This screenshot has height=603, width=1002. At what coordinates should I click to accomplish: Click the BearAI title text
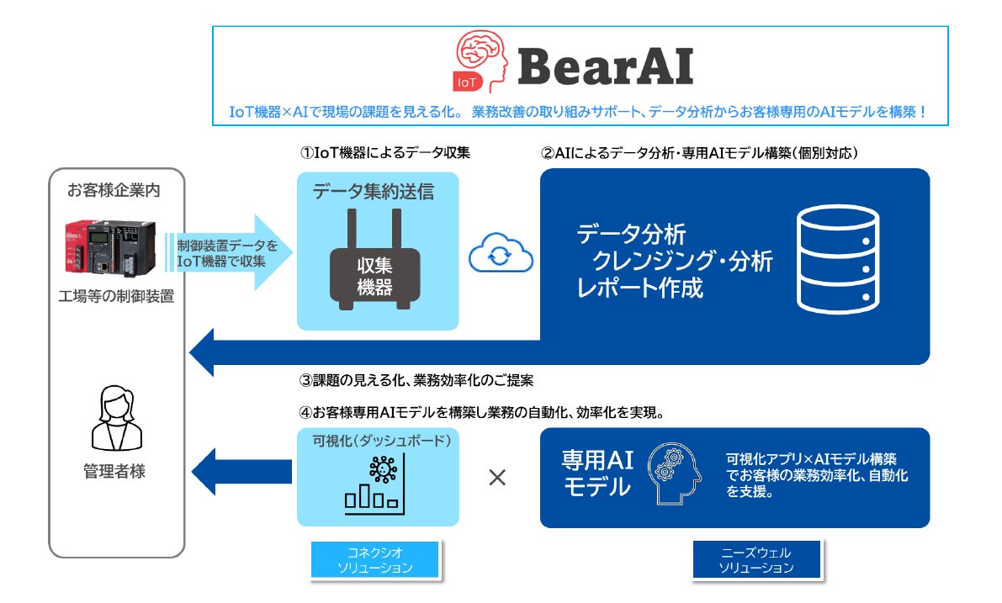click(606, 66)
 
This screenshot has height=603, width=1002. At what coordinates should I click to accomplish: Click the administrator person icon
click(114, 418)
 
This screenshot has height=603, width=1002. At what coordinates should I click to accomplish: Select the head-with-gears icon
click(677, 477)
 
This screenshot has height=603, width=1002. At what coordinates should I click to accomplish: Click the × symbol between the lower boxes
click(498, 478)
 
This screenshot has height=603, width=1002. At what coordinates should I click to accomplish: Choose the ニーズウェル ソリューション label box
click(755, 559)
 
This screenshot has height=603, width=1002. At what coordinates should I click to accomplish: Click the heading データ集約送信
click(374, 192)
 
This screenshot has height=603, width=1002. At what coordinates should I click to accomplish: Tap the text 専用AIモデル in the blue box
click(596, 473)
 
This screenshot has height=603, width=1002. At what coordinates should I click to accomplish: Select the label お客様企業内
click(114, 190)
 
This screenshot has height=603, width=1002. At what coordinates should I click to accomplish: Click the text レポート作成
click(639, 288)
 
